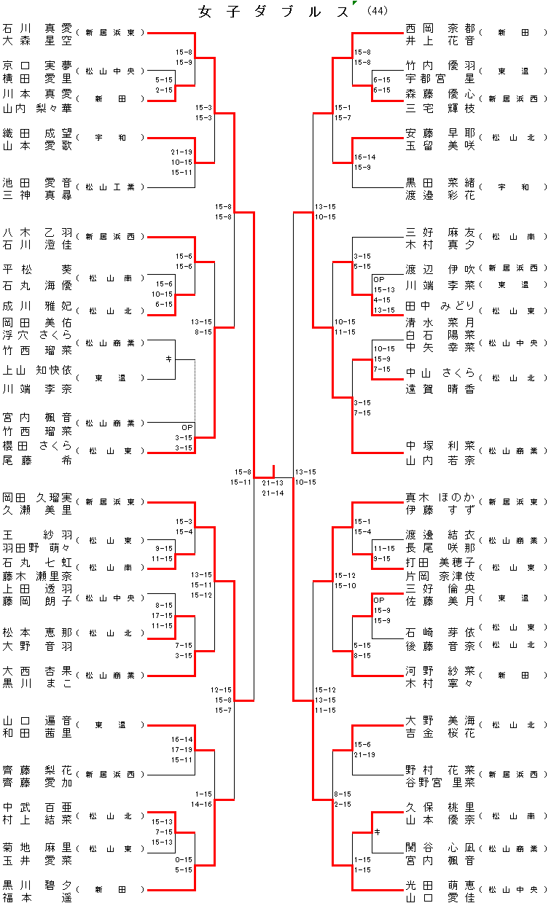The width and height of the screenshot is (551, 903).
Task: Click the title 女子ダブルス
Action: [x=275, y=12]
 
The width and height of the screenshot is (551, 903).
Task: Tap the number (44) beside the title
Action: [x=378, y=11]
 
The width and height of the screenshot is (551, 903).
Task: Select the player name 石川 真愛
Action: [x=37, y=27]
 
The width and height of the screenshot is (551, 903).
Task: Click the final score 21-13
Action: [x=273, y=482]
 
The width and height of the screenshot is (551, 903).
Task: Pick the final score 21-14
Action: [x=273, y=493]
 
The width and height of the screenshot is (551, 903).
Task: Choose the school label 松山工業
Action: [x=110, y=187]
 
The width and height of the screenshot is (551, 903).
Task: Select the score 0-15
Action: [x=184, y=860]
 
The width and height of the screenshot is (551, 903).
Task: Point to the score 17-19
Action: [x=182, y=749]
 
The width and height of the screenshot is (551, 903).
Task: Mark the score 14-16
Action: [x=203, y=804]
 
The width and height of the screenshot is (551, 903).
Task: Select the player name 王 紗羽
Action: [x=37, y=534]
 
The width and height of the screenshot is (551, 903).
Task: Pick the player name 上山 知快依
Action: [x=37, y=370]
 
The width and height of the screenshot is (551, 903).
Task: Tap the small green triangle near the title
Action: [x=354, y=4]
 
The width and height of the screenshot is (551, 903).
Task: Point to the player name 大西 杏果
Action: [x=37, y=670]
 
